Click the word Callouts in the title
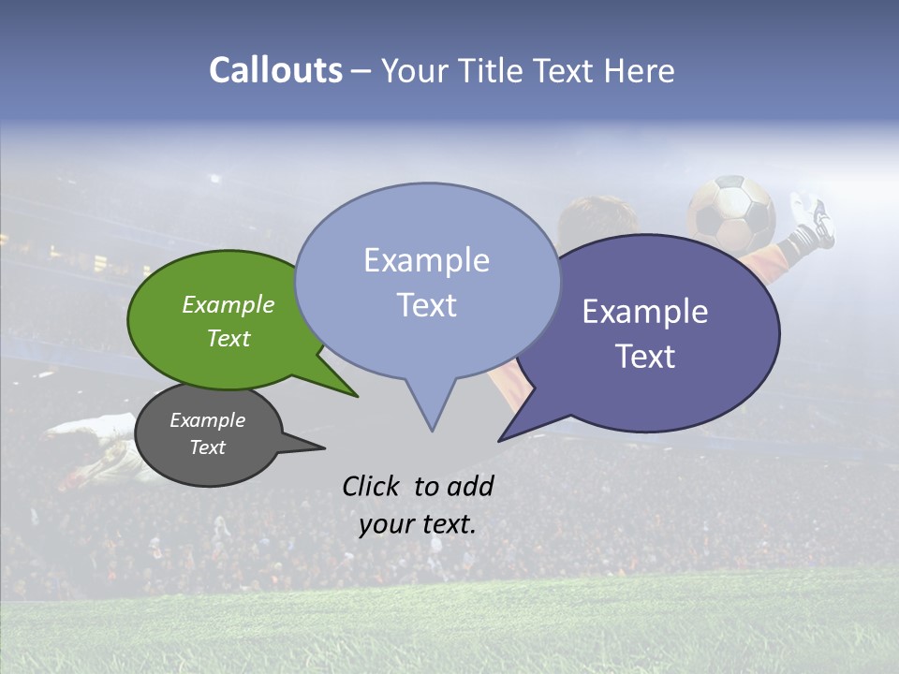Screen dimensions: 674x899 (x=275, y=70)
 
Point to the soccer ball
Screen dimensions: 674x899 (x=731, y=214)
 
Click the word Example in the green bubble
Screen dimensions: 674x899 (x=228, y=305)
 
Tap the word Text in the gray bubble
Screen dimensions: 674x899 (x=207, y=447)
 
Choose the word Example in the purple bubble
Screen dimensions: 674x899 (x=644, y=312)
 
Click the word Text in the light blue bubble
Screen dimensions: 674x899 (x=426, y=305)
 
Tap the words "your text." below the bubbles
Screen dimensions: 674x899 (x=417, y=524)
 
